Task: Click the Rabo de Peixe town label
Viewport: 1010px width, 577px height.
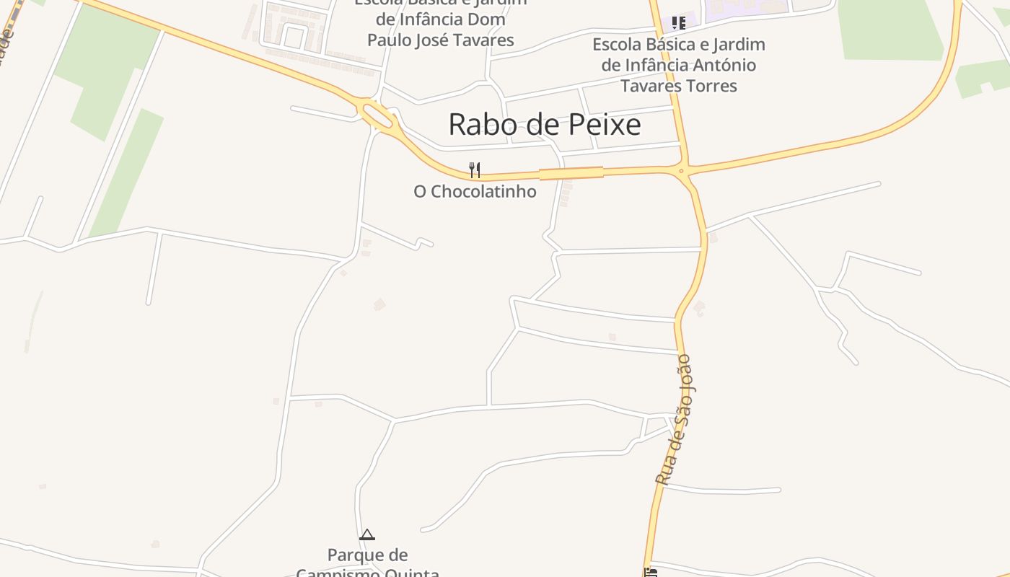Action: click(x=545, y=125)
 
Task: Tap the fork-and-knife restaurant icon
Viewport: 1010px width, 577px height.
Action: click(x=475, y=170)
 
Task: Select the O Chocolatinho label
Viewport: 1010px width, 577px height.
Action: click(x=475, y=192)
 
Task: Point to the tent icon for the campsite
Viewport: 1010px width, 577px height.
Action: click(x=367, y=535)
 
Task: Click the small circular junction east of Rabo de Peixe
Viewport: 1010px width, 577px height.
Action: click(x=681, y=172)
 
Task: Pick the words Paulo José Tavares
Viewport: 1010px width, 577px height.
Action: click(x=440, y=40)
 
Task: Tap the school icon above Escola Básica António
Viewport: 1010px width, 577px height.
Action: click(x=678, y=23)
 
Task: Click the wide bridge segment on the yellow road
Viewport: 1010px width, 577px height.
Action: click(x=571, y=173)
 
